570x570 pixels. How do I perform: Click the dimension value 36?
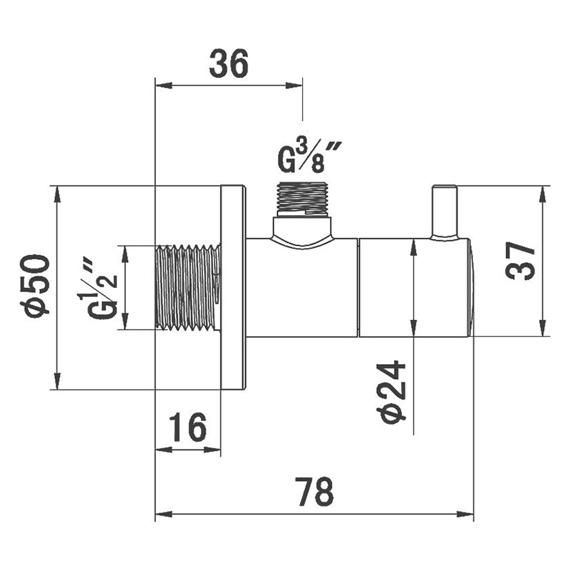point(229,63)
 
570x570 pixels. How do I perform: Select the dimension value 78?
point(314,492)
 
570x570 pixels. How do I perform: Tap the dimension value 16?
point(188,427)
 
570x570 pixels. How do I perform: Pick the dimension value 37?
point(520,261)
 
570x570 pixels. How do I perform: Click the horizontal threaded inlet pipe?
point(188,288)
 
